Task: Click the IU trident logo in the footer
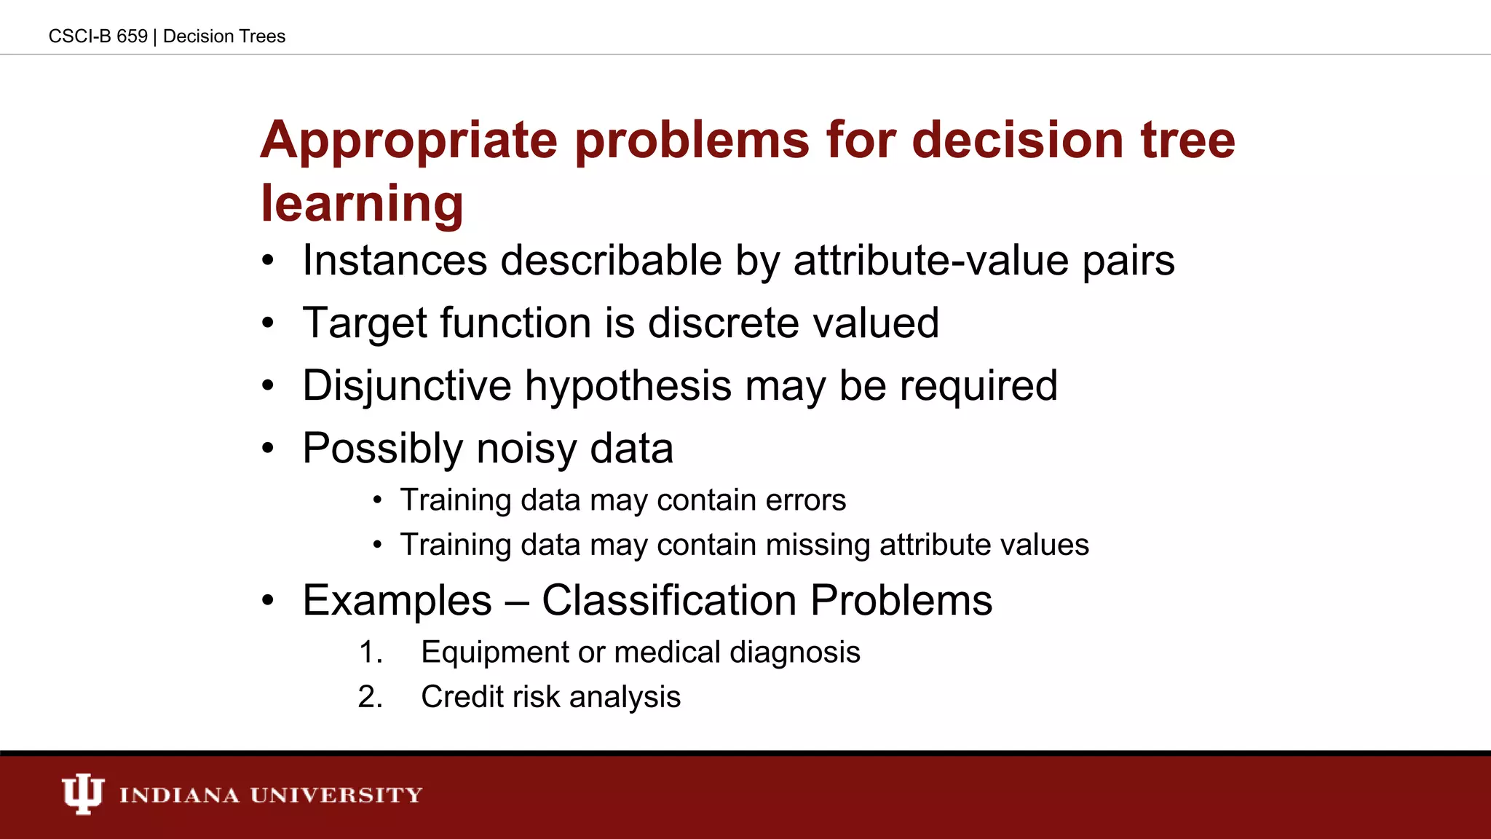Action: [82, 794]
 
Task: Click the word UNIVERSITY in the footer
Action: [336, 795]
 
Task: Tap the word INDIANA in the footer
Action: [179, 795]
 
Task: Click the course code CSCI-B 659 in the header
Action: [98, 36]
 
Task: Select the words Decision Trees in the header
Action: [224, 36]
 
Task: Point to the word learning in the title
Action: [362, 203]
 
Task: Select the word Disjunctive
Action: [406, 386]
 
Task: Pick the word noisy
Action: [526, 449]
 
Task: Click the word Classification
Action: [669, 601]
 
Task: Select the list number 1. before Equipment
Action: [371, 653]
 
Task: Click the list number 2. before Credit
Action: [371, 697]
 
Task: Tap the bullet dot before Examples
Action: [268, 602]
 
